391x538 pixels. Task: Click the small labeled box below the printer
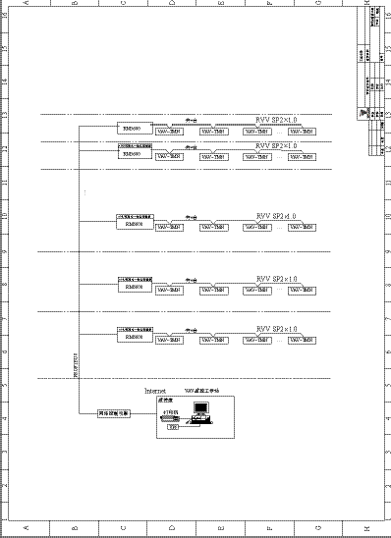pos(174,427)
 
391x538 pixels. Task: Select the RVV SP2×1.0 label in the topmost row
pos(276,120)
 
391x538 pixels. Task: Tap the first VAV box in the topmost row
pos(170,131)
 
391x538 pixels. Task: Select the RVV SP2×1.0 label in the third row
pos(276,216)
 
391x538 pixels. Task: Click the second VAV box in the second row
pos(214,156)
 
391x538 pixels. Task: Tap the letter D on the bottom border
pos(173,529)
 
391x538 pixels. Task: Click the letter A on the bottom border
pos(26,529)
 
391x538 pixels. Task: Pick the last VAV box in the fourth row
pos(301,290)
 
